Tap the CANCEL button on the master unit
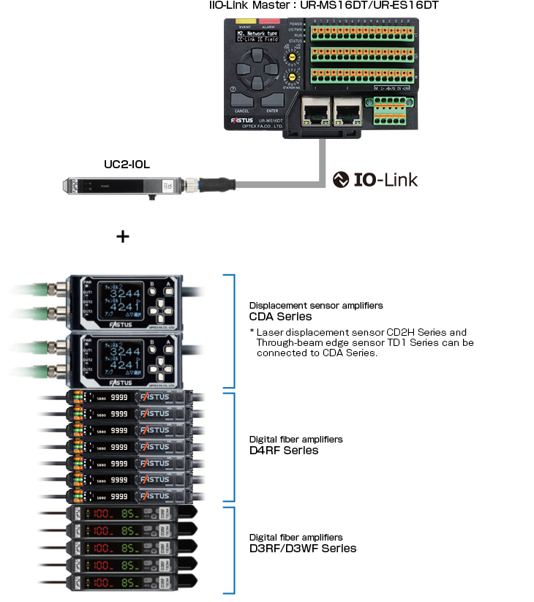click(x=242, y=99)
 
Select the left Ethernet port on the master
click(x=314, y=111)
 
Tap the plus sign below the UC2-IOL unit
click(x=123, y=236)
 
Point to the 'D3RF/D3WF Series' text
click(x=303, y=548)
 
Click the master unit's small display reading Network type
click(x=261, y=37)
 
